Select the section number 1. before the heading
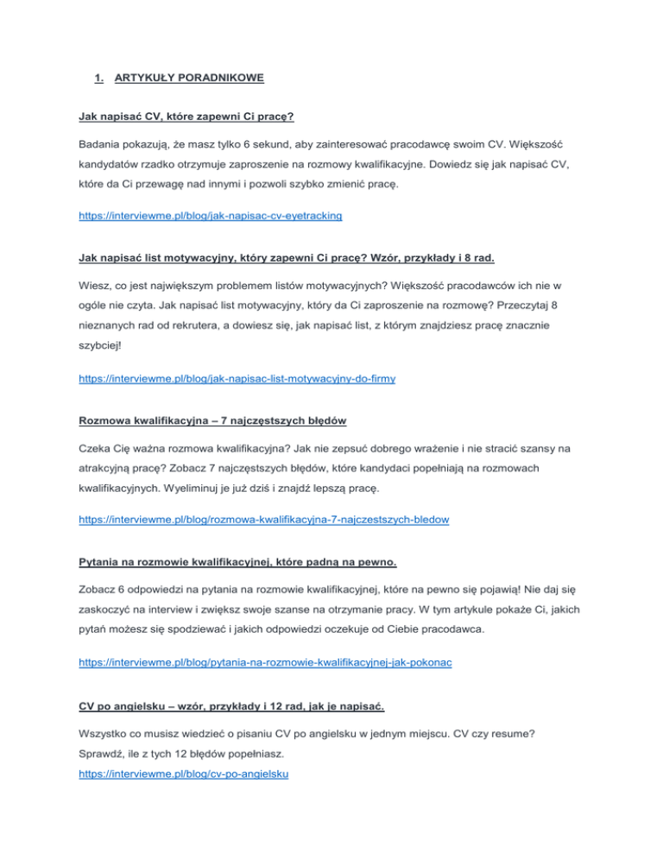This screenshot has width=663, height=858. click(x=99, y=78)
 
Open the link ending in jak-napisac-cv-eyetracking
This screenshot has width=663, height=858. click(x=218, y=217)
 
